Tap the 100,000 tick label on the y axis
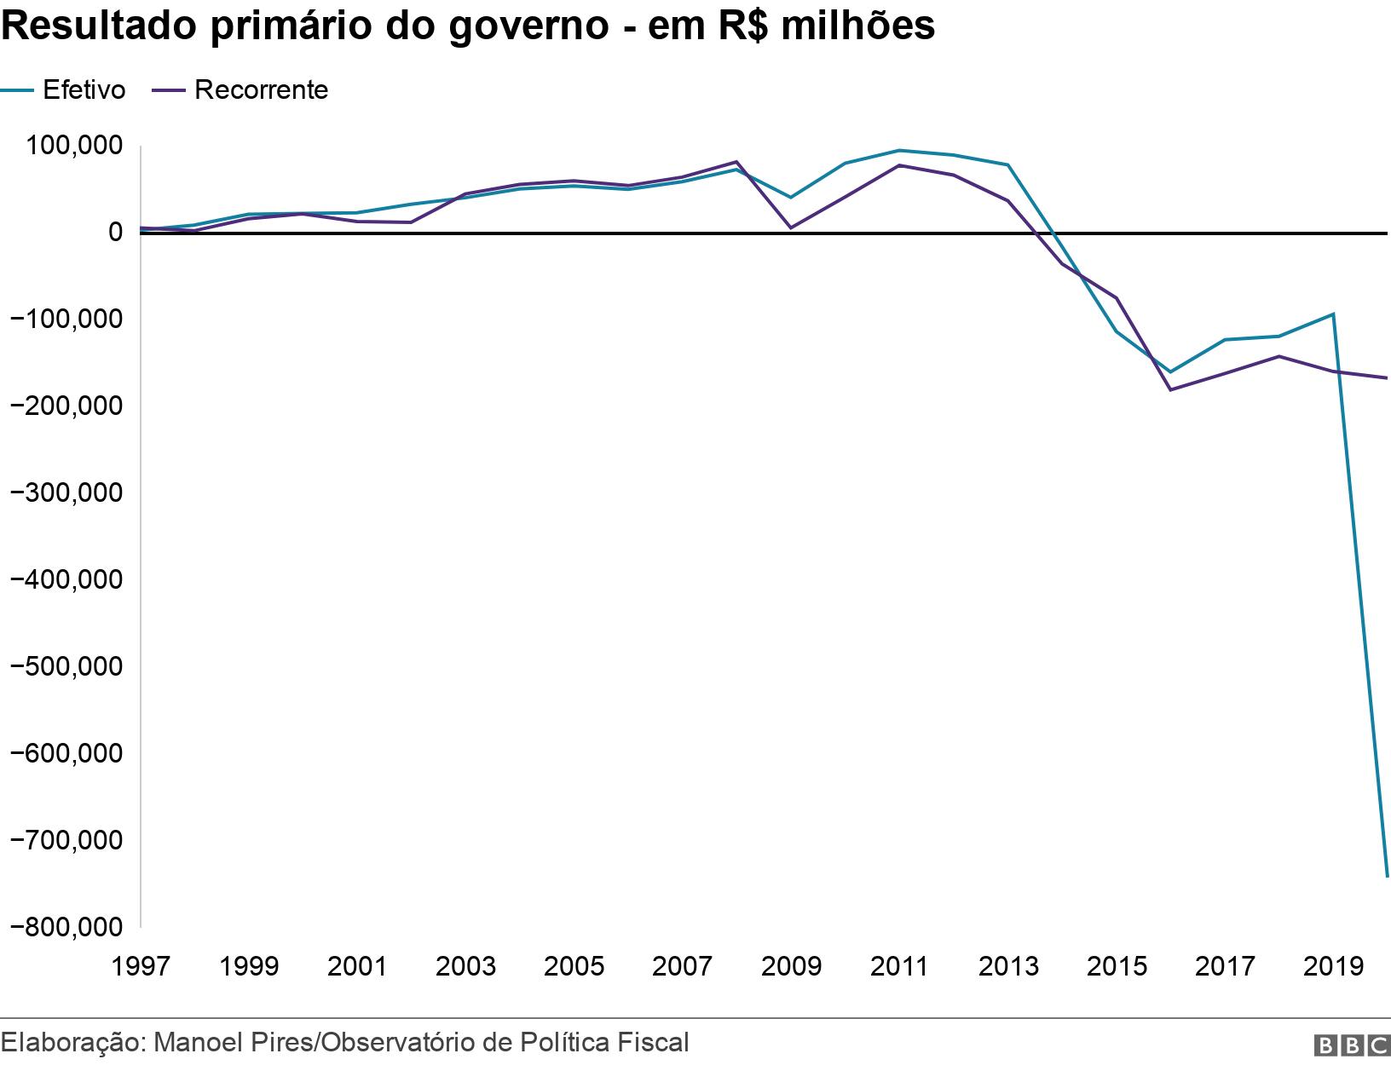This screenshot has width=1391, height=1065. (x=73, y=147)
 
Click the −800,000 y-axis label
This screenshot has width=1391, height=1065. (x=65, y=926)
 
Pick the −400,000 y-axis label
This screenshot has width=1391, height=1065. (x=65, y=579)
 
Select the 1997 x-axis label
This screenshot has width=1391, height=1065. (x=141, y=966)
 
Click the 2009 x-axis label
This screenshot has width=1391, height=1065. (x=791, y=966)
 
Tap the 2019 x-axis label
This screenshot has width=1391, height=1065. (x=1332, y=966)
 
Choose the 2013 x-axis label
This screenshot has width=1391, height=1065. (x=1008, y=966)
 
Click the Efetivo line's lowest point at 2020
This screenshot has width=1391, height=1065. (x=1387, y=876)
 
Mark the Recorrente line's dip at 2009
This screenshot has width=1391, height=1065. (x=791, y=227)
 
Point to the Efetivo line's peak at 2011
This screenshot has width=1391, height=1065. (x=899, y=151)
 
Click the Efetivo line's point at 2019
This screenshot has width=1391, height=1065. (x=1332, y=314)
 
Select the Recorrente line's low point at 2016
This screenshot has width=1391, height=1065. (x=1170, y=389)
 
